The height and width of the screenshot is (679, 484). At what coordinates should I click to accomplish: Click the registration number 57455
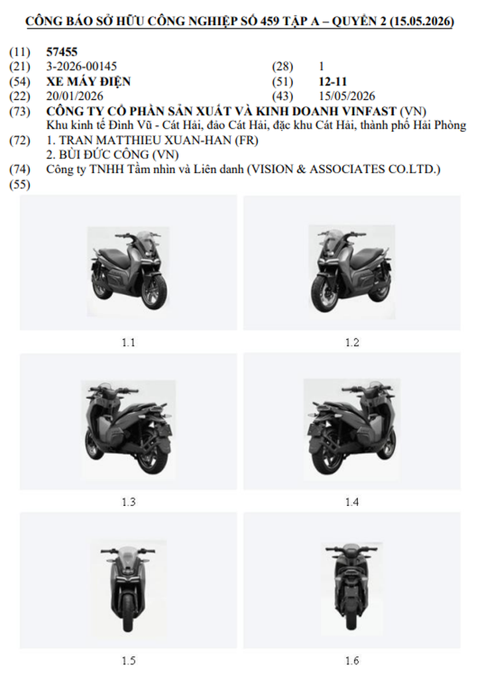[62, 52]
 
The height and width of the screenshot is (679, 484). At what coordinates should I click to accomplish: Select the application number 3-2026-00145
[82, 66]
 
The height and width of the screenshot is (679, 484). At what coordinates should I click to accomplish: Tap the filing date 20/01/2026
[75, 95]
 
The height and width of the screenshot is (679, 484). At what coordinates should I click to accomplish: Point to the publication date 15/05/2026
[347, 95]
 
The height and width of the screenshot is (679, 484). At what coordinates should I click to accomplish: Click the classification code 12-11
[333, 81]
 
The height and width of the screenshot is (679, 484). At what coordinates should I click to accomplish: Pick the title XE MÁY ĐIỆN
[88, 81]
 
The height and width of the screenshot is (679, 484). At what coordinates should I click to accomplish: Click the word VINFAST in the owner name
[369, 111]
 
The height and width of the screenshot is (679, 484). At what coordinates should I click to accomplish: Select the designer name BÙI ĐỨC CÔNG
[103, 154]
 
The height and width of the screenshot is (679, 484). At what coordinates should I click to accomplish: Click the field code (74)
[20, 169]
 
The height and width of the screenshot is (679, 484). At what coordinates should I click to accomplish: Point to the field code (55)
[20, 184]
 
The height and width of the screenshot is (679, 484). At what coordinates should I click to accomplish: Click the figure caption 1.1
[128, 343]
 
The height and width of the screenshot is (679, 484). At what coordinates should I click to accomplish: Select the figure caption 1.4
[352, 502]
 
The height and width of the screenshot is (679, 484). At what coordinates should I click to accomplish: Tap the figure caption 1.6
[352, 660]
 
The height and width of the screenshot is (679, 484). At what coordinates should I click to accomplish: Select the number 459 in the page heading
[269, 21]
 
